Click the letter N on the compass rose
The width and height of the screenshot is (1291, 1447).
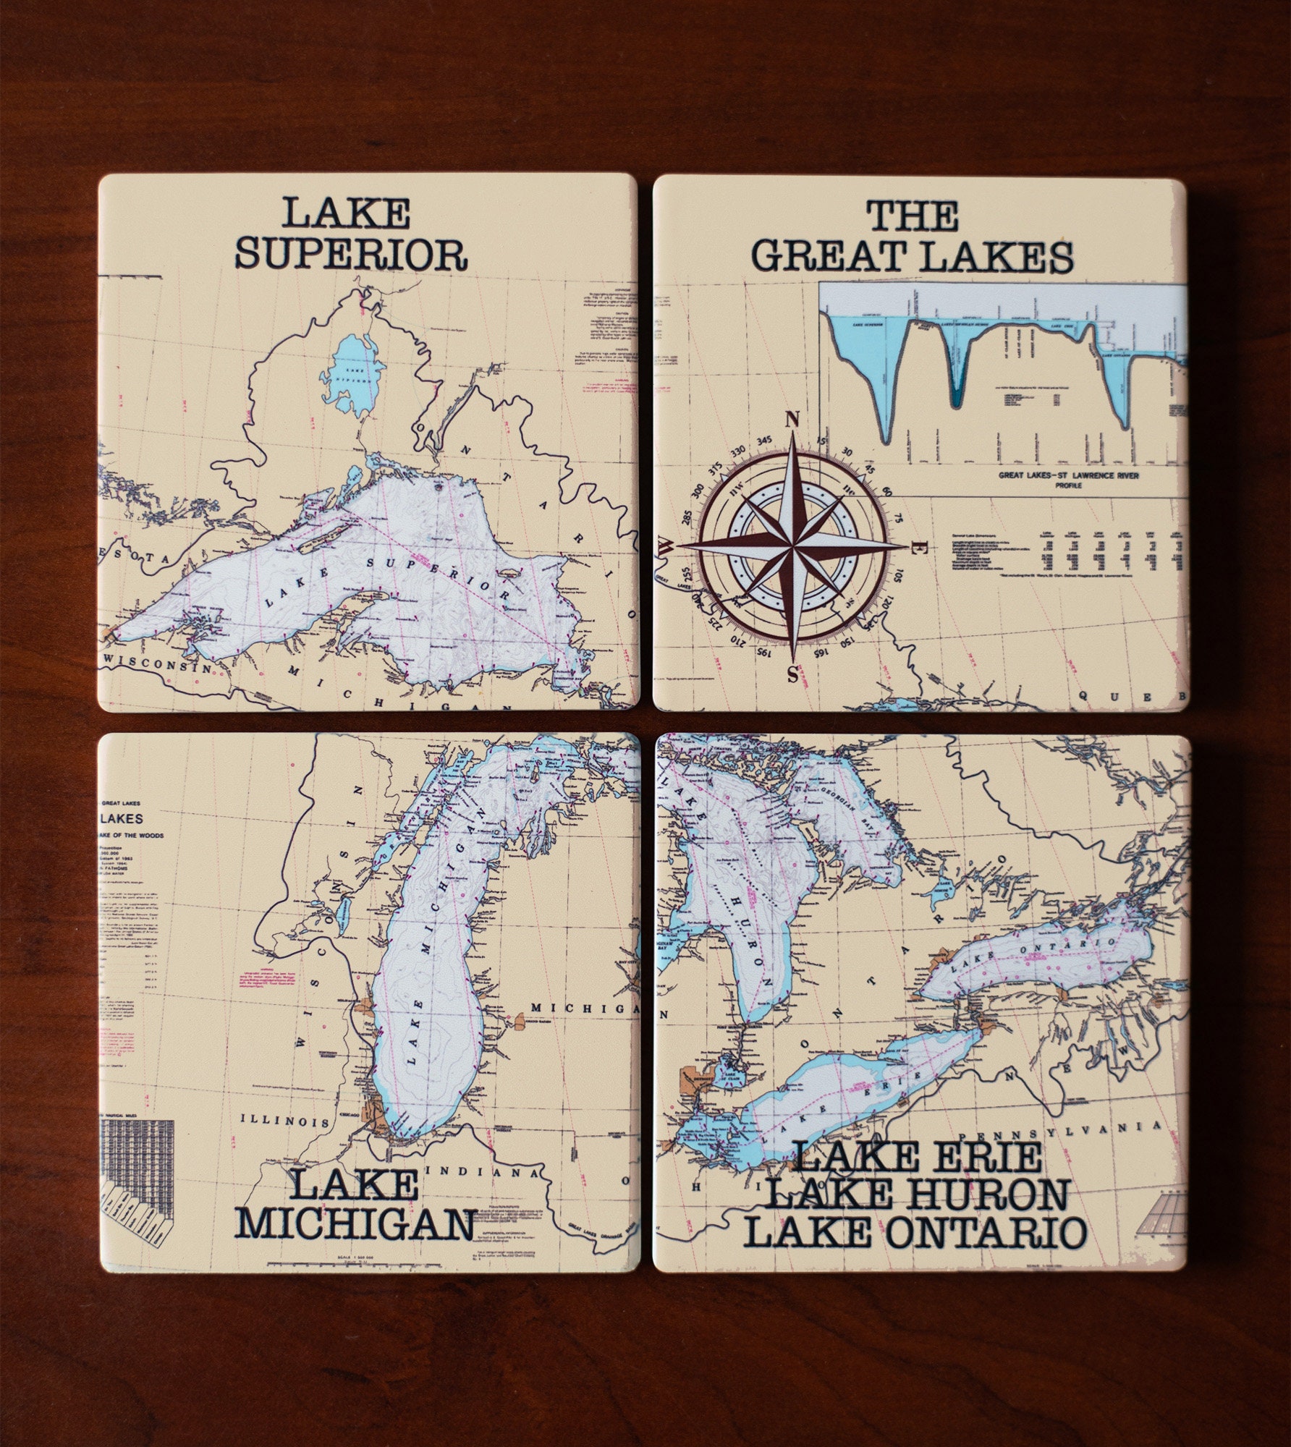point(792,420)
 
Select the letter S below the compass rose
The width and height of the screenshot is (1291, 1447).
point(792,674)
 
